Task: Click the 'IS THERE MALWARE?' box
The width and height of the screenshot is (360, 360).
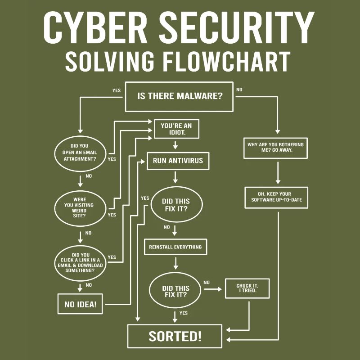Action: click(179, 96)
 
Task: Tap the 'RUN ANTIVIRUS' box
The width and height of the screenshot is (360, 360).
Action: click(178, 161)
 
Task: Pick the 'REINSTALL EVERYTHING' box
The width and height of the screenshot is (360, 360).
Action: click(175, 247)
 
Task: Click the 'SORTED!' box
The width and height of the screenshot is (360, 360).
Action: click(175, 336)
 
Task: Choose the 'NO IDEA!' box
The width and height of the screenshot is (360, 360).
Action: click(80, 304)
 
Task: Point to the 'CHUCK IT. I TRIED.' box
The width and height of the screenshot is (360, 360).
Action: click(247, 288)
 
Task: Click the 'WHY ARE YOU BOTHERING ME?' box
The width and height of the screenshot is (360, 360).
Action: click(275, 148)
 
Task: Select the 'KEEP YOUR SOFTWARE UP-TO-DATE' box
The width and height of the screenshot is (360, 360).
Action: click(276, 198)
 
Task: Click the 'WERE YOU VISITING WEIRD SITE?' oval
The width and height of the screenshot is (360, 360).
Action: click(80, 206)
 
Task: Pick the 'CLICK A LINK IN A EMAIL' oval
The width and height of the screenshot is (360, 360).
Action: click(80, 262)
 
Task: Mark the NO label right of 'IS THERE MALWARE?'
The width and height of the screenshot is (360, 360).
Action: click(239, 90)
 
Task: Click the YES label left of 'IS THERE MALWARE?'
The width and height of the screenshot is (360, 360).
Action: click(116, 90)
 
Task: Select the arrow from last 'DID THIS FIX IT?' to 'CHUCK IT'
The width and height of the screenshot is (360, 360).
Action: click(213, 288)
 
